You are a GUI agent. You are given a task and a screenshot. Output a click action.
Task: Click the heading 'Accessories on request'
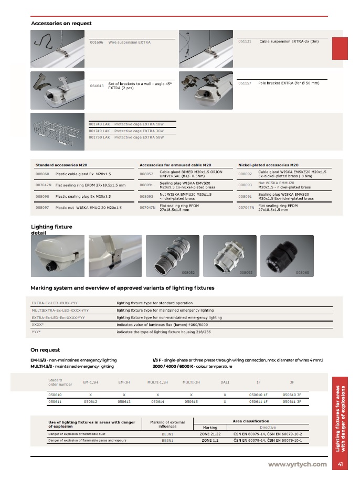pyautogui.click(x=61, y=23)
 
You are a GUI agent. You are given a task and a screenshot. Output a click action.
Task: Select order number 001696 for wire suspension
pyautogui.click(x=97, y=41)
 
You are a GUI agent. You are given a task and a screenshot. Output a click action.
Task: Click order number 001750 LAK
pyautogui.click(x=99, y=137)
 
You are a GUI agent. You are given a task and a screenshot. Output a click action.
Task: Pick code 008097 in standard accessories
pyautogui.click(x=43, y=208)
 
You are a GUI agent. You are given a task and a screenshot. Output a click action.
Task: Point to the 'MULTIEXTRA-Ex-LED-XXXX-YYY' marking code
pyautogui.click(x=60, y=311)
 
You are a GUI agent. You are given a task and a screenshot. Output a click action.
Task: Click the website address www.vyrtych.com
pyautogui.click(x=297, y=464)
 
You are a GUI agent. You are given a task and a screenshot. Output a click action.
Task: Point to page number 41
pyautogui.click(x=341, y=464)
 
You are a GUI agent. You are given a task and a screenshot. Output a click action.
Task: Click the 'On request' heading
pyautogui.click(x=45, y=350)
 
